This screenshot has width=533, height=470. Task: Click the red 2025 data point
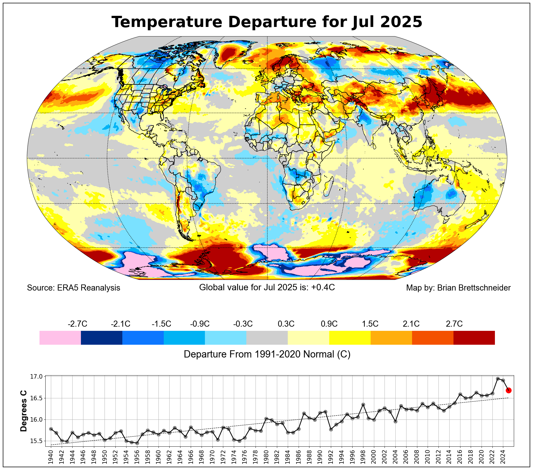click(x=509, y=390)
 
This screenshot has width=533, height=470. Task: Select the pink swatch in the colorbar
click(x=60, y=337)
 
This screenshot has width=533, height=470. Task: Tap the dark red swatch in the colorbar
click(x=474, y=337)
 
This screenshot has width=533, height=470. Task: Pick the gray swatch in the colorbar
click(x=267, y=337)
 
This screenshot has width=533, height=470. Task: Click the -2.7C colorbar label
click(x=77, y=324)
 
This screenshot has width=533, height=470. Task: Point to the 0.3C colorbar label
click(x=286, y=324)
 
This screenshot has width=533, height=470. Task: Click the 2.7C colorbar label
click(x=454, y=324)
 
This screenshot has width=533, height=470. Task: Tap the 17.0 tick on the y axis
click(x=36, y=377)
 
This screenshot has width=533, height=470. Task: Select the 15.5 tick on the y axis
click(x=36, y=441)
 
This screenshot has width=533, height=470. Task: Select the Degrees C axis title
click(x=24, y=411)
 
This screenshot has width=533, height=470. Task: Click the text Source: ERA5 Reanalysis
click(x=73, y=288)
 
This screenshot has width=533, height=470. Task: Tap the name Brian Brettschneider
click(x=474, y=288)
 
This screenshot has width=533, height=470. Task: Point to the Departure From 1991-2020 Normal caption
click(x=267, y=354)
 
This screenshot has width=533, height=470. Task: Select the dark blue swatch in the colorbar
click(x=101, y=337)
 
